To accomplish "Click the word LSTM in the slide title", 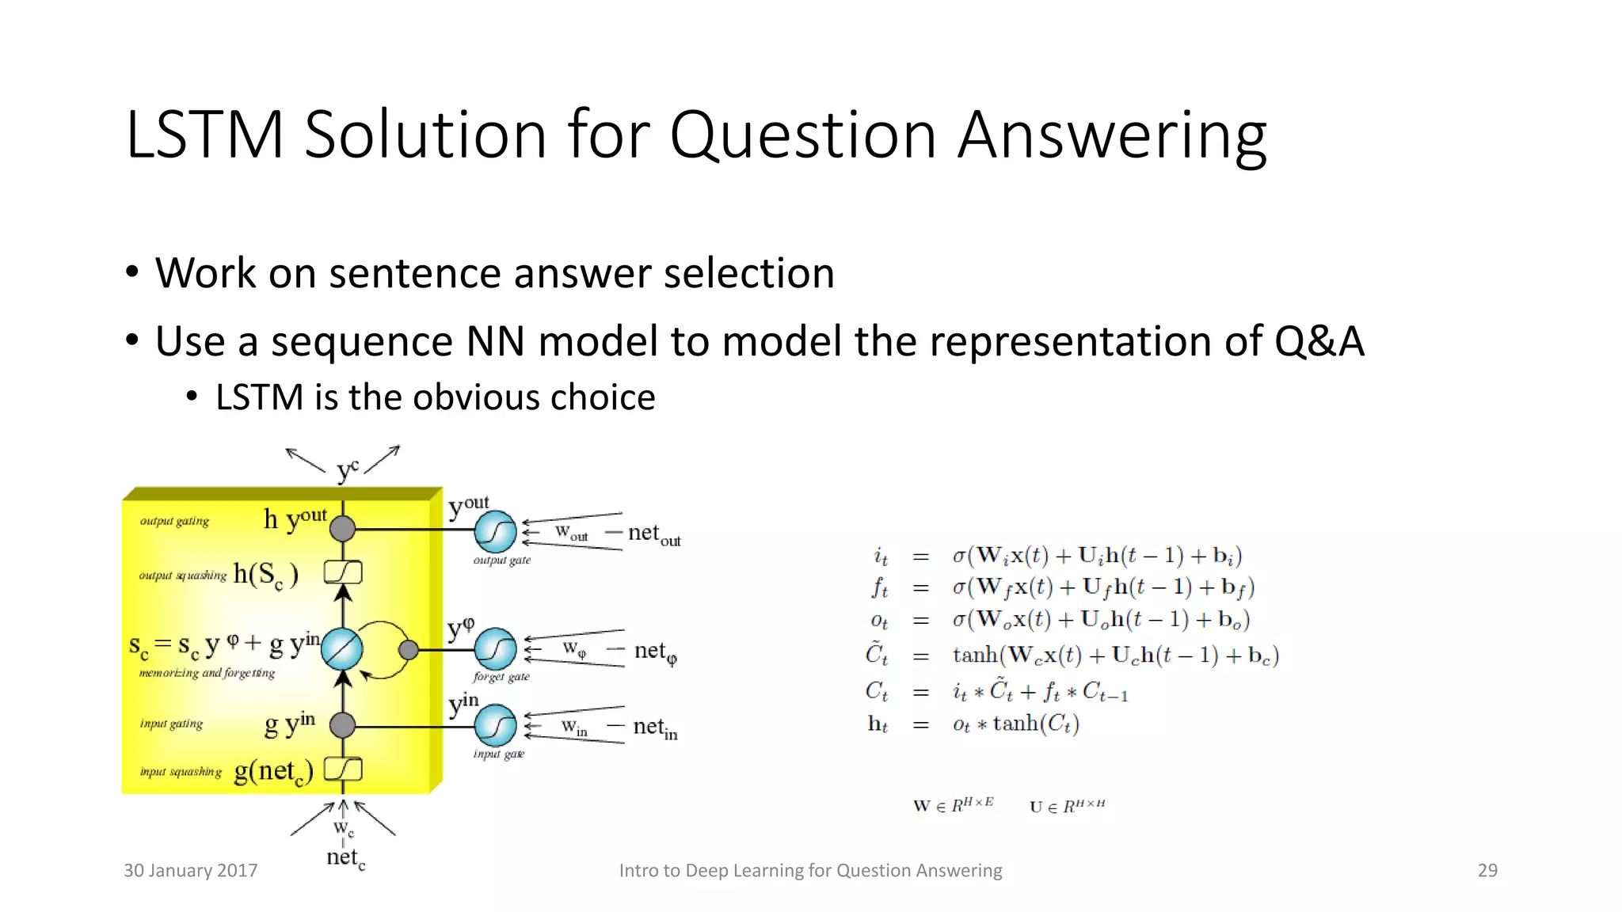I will pyautogui.click(x=204, y=135).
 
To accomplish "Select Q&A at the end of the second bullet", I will pyautogui.click(x=1319, y=341).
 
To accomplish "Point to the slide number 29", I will pyautogui.click(x=1487, y=870).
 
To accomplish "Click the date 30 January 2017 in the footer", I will pyautogui.click(x=190, y=870).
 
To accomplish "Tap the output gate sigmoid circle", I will pyautogui.click(x=496, y=532).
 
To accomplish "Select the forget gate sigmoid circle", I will pyautogui.click(x=496, y=649).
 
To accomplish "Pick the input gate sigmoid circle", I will pyautogui.click(x=496, y=726).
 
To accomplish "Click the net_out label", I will pyautogui.click(x=653, y=534).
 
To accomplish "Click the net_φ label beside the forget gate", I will pyautogui.click(x=655, y=652).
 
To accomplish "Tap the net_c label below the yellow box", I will pyautogui.click(x=345, y=857).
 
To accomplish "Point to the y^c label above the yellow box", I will pyautogui.click(x=347, y=470).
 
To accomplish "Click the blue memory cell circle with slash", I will pyautogui.click(x=342, y=649).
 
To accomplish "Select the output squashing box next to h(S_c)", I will pyautogui.click(x=343, y=572).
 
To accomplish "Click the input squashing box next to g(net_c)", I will pyautogui.click(x=343, y=769).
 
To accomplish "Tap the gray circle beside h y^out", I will pyautogui.click(x=342, y=528).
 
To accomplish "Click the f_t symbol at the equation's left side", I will pyautogui.click(x=879, y=588).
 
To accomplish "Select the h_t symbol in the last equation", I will pyautogui.click(x=878, y=724).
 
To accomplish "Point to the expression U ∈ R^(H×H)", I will pyautogui.click(x=1067, y=807).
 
